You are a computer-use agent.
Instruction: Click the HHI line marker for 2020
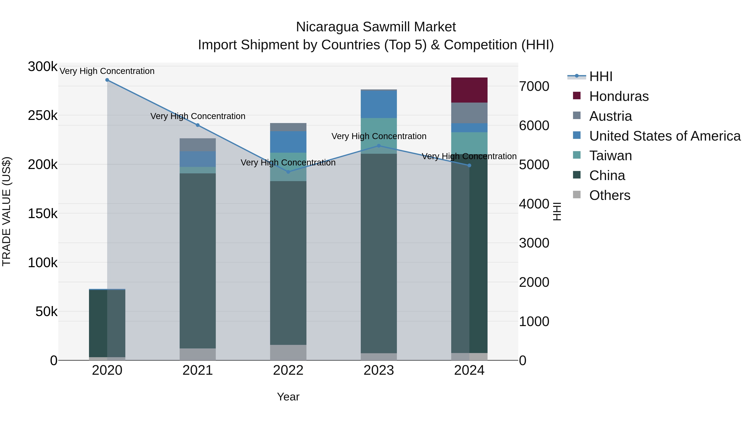click(107, 80)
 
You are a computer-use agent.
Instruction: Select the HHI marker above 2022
click(288, 172)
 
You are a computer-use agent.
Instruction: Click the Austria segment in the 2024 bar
click(469, 113)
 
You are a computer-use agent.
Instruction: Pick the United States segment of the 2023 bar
click(379, 104)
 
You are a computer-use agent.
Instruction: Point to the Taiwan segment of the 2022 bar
click(288, 167)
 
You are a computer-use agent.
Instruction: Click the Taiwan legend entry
click(610, 156)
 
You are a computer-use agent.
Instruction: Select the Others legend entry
click(610, 195)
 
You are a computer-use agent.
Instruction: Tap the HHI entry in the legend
click(601, 76)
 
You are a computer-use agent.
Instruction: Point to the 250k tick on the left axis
click(43, 116)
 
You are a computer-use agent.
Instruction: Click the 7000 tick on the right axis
click(534, 86)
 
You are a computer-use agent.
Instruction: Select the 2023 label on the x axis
click(379, 370)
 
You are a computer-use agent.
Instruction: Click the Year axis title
click(288, 397)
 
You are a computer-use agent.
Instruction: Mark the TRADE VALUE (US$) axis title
click(6, 211)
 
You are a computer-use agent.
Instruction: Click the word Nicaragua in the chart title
click(327, 27)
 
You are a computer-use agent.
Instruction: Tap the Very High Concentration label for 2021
click(198, 116)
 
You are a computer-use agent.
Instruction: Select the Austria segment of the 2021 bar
click(198, 145)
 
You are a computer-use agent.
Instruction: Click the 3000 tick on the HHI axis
click(534, 243)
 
